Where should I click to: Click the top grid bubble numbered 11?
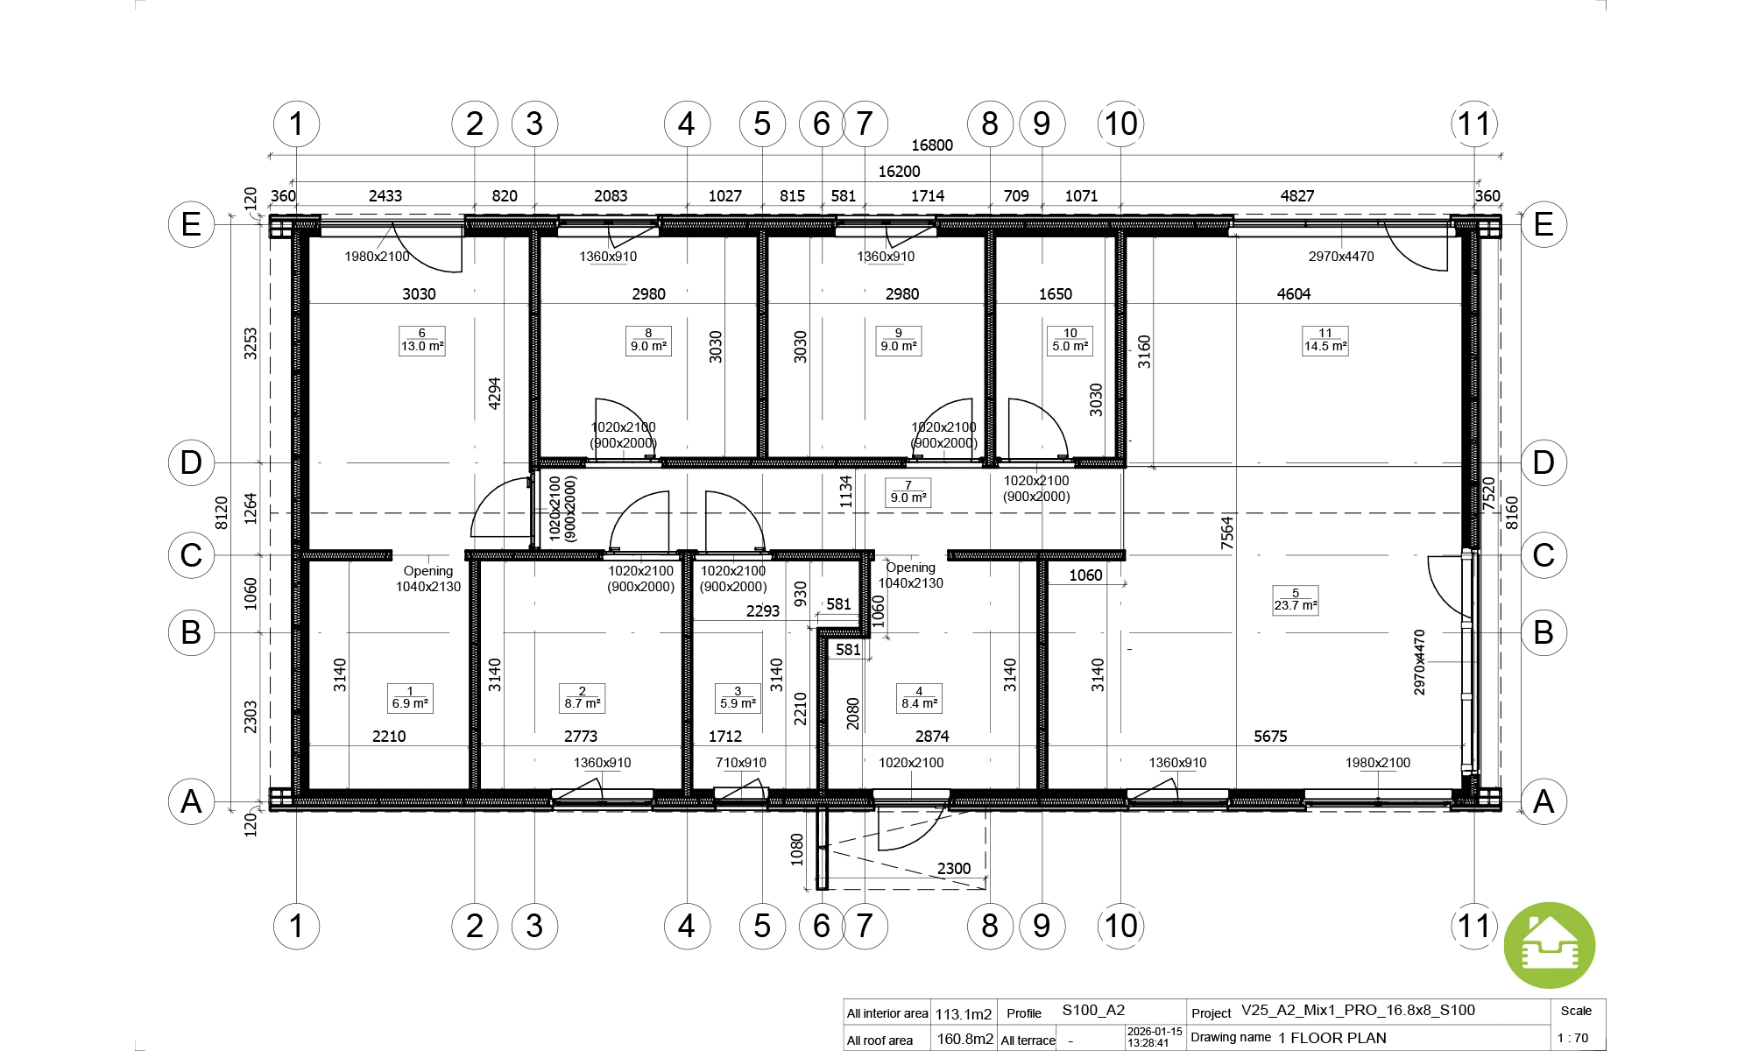pyautogui.click(x=1474, y=123)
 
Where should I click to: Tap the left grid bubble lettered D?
pyautogui.click(x=191, y=462)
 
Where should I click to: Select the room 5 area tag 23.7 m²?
pyautogui.click(x=1296, y=600)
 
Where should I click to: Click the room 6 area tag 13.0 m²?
pyautogui.click(x=422, y=340)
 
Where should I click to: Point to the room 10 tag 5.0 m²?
pyautogui.click(x=1070, y=340)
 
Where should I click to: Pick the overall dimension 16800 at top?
pyautogui.click(x=932, y=145)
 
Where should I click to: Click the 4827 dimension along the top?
pyautogui.click(x=1297, y=196)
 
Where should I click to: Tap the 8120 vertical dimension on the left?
pyautogui.click(x=222, y=512)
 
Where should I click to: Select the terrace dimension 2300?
pyautogui.click(x=954, y=869)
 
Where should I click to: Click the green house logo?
pyautogui.click(x=1550, y=946)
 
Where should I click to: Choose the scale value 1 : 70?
pyautogui.click(x=1572, y=1039)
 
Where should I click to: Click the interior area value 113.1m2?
pyautogui.click(x=964, y=1014)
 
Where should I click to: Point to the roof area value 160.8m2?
pyautogui.click(x=965, y=1039)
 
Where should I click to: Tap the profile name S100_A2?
pyautogui.click(x=1093, y=1011)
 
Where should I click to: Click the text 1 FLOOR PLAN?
pyautogui.click(x=1332, y=1038)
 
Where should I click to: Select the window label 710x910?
pyautogui.click(x=741, y=763)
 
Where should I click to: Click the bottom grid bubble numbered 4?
pyautogui.click(x=687, y=926)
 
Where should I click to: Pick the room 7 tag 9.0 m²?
pyautogui.click(x=908, y=492)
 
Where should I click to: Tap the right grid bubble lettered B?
pyautogui.click(x=1544, y=632)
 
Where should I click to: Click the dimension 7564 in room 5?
pyautogui.click(x=1226, y=533)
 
